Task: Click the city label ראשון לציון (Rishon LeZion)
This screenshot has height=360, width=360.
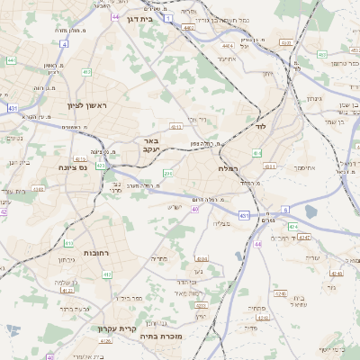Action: (x=86, y=106)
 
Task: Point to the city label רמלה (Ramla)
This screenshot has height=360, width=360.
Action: (x=227, y=168)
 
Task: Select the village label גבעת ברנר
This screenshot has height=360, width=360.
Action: (x=54, y=309)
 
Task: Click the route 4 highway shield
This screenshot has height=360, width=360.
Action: (x=64, y=43)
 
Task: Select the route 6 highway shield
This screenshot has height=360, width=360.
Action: (x=285, y=210)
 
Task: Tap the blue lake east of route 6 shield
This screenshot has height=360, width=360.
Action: (x=311, y=211)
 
